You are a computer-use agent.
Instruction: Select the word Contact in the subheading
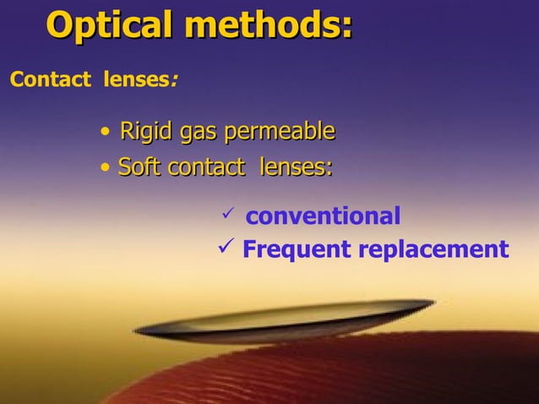pyautogui.click(x=49, y=81)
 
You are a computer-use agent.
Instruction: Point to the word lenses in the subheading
pyautogui.click(x=136, y=81)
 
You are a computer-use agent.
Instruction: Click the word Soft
pyautogui.click(x=140, y=167)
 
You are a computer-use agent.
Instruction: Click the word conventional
pyautogui.click(x=323, y=216)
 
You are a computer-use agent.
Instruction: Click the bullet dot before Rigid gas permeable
pyautogui.click(x=104, y=133)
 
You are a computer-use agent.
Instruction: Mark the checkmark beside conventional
pyautogui.click(x=226, y=215)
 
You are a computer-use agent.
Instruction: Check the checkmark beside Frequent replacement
pyautogui.click(x=226, y=248)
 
